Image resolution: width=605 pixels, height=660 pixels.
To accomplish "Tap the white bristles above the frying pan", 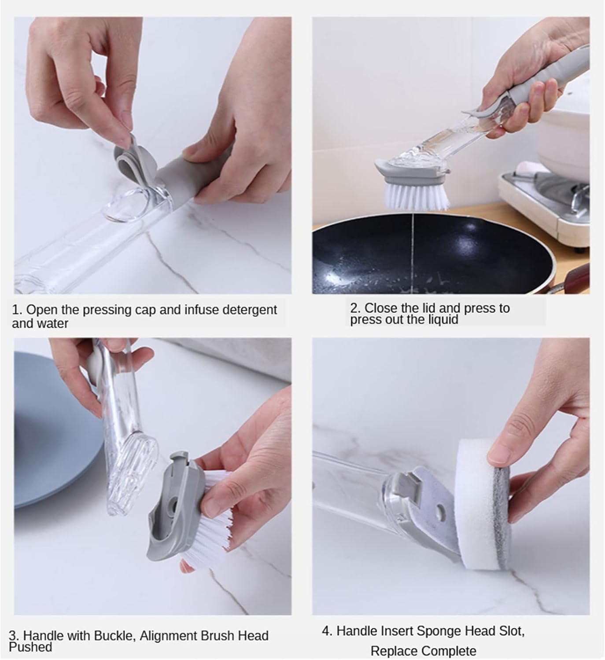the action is click(416, 196).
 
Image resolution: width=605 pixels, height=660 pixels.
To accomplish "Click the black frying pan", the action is click(432, 253).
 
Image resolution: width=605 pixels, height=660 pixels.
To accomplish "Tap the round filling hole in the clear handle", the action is click(127, 205).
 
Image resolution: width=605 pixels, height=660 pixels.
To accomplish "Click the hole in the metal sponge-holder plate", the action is click(440, 512).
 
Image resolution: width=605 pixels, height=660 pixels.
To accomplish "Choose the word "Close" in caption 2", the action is click(379, 308).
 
